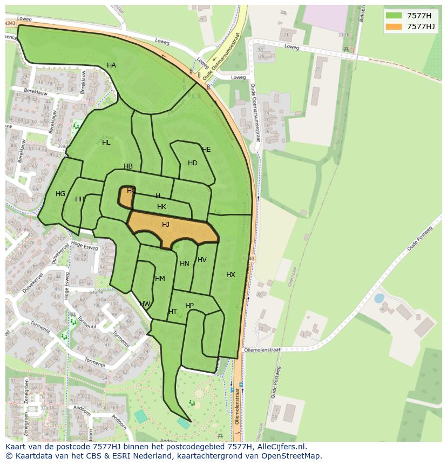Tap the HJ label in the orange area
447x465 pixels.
coord(166,225)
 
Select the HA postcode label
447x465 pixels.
coord(111,65)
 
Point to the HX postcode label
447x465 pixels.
coord(231,275)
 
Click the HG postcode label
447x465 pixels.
coord(60,194)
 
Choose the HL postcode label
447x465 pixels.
coord(106,143)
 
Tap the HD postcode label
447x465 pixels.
coord(193,163)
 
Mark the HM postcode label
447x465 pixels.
coord(160,279)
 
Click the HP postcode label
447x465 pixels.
coord(189,306)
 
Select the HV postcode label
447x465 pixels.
coord(202,260)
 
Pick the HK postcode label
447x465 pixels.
coord(161,207)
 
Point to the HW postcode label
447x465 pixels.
coord(145,304)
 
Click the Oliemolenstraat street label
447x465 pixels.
coord(262,350)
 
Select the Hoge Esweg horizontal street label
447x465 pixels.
coord(84,246)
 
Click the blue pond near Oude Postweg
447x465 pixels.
coord(379,298)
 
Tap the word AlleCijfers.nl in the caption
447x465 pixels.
coord(280,447)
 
